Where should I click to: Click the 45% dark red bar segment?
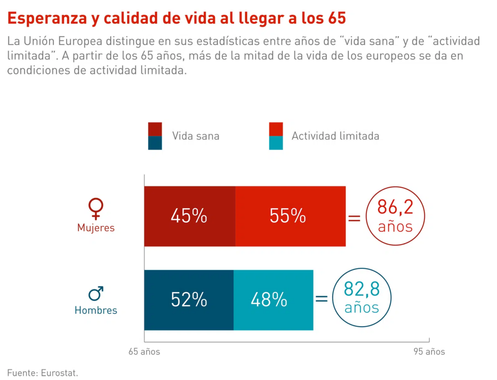click(189, 216)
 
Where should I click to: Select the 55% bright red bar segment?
click(290, 216)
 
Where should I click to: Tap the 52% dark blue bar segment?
click(189, 300)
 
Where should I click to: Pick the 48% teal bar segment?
click(273, 300)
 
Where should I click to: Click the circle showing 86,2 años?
click(395, 216)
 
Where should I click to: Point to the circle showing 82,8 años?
click(361, 297)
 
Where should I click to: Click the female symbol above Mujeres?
click(96, 208)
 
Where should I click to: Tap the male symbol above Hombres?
click(96, 293)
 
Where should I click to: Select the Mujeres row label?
click(96, 228)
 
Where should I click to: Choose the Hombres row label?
click(96, 310)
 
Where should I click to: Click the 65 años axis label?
click(144, 352)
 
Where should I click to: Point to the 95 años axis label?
click(429, 352)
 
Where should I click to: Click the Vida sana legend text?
click(196, 136)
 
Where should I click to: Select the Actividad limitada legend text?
click(335, 136)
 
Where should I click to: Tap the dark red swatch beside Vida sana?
click(155, 129)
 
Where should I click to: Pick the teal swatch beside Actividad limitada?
click(276, 143)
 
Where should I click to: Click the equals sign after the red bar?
click(355, 218)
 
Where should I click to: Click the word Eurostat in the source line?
click(59, 373)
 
